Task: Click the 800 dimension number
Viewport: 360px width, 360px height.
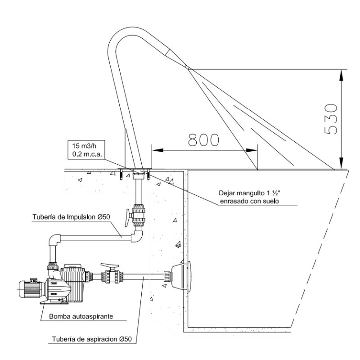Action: point(203,140)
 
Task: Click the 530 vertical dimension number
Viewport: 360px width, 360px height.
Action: point(331,119)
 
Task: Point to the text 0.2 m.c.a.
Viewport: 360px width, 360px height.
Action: point(87,154)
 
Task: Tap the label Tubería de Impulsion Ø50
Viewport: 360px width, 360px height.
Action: point(71,217)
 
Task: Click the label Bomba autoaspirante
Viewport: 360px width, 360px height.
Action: point(81,316)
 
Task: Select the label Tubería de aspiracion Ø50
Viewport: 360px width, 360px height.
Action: point(92,339)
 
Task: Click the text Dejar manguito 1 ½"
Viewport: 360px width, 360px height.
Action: point(249,193)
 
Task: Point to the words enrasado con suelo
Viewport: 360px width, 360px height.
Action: point(249,201)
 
